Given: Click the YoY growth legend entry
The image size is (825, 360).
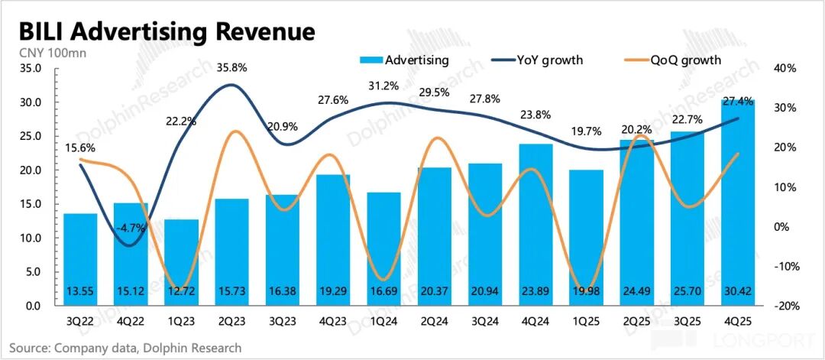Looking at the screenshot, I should [549, 60].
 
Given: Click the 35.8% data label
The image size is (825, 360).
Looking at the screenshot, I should [231, 66].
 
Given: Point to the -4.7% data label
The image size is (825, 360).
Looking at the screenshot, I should [131, 227].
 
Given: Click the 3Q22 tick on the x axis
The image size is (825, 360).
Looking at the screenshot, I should [80, 321].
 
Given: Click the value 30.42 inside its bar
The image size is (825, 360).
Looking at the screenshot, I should [737, 293].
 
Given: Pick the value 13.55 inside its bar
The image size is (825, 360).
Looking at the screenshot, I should [80, 293].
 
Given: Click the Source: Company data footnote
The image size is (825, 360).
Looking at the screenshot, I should [126, 348].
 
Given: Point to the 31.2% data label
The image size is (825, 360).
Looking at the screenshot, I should [382, 86].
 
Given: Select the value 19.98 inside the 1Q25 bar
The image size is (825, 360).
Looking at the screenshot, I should [585, 293].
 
